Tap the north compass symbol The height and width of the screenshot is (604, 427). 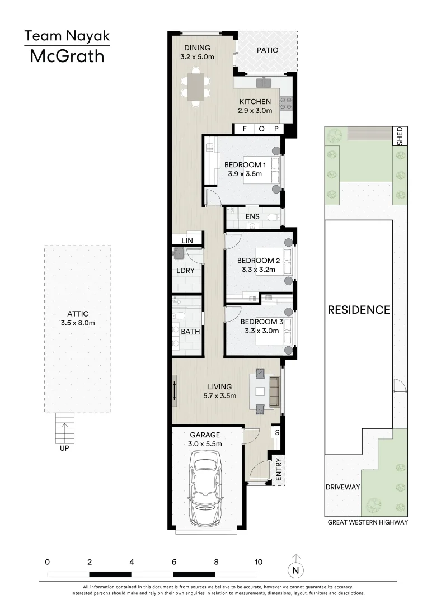coord(295,570)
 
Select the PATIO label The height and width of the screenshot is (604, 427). coord(267,50)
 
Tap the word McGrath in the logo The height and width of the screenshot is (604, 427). coord(67,56)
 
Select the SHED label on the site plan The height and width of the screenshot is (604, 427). coord(400,136)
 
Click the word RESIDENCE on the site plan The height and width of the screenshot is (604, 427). coord(359,310)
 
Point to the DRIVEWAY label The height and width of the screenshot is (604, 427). coord(343,487)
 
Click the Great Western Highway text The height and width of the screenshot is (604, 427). coord(367,522)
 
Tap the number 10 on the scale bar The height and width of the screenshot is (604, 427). coord(258,561)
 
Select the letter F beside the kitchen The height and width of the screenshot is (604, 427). coord(244,129)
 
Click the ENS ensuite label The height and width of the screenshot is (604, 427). coord(252,216)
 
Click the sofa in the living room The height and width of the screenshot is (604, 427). coord(274,391)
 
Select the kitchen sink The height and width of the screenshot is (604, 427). coord(264,82)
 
